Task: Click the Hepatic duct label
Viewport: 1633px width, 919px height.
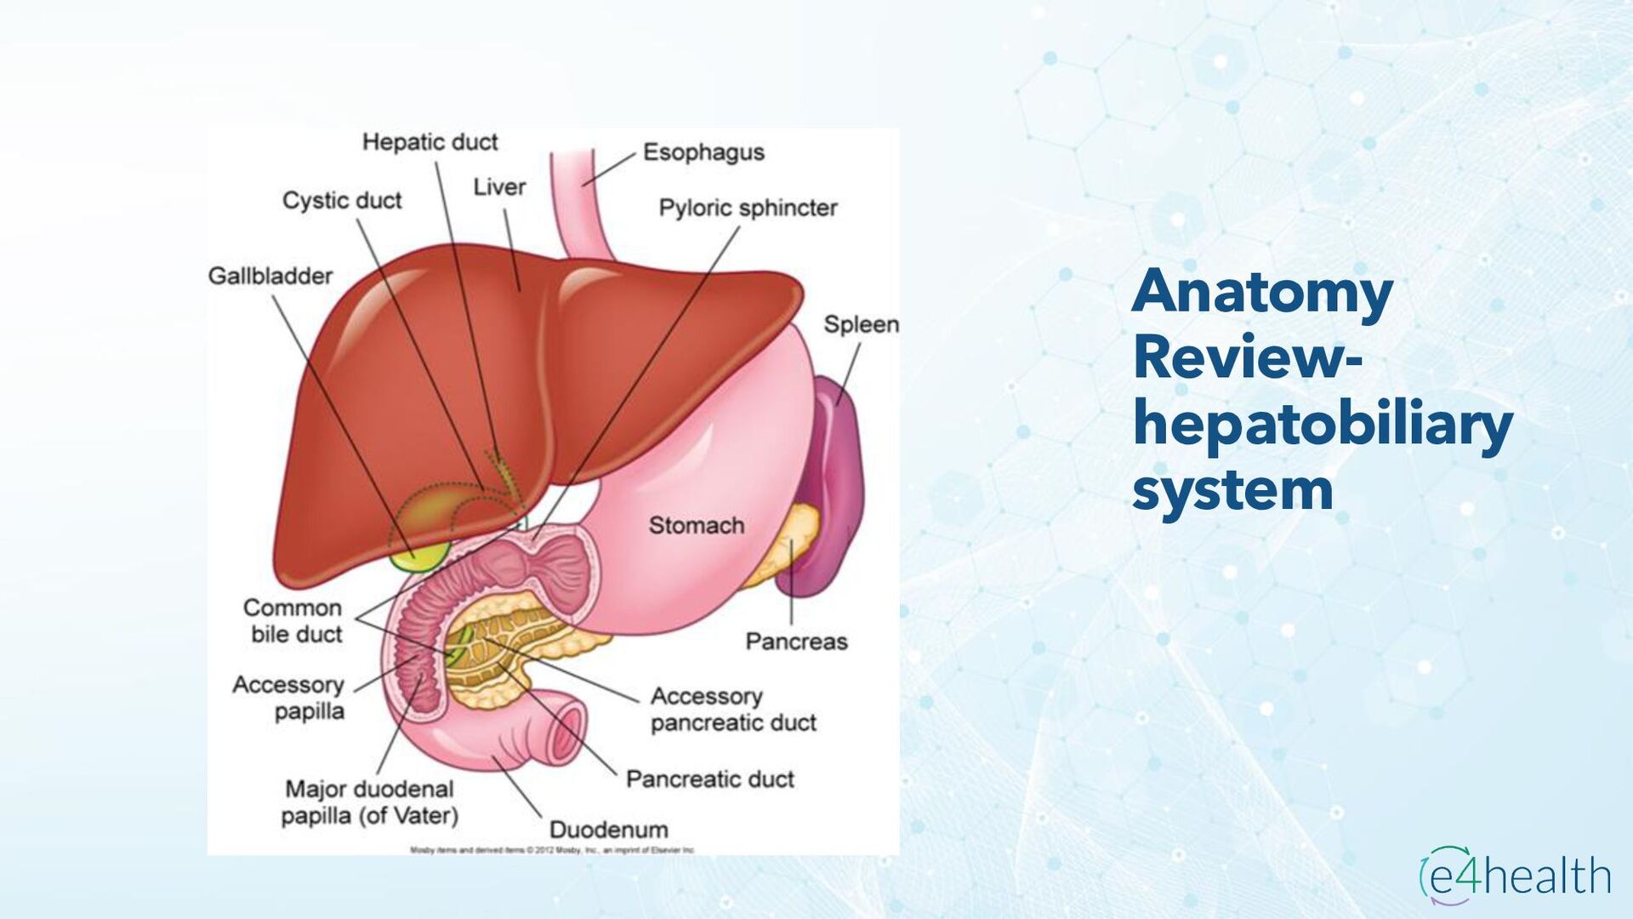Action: point(430,142)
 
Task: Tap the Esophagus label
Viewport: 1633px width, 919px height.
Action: point(703,152)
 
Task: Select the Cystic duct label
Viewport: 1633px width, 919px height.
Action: point(342,201)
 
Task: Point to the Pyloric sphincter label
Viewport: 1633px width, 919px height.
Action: point(748,208)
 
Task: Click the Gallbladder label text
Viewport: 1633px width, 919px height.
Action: point(270,277)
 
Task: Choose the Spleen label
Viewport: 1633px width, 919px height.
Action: point(861,325)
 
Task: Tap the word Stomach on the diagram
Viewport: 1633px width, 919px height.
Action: point(696,526)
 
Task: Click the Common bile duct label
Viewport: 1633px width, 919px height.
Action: point(293,621)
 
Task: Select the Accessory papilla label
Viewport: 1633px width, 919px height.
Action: point(289,698)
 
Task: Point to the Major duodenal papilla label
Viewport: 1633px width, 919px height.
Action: point(369,802)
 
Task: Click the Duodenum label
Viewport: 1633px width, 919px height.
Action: point(608,830)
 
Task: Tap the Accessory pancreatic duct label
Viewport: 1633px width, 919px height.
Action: point(732,710)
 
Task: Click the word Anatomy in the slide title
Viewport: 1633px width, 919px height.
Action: point(1262,292)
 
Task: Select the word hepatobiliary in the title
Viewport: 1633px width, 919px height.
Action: point(1323,425)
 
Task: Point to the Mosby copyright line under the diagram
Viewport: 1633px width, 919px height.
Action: point(553,849)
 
